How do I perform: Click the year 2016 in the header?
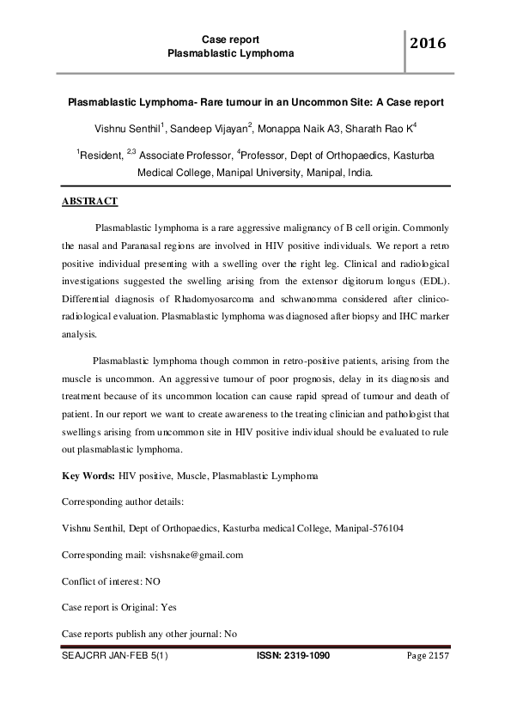pos(428,44)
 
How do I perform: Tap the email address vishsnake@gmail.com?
pos(196,555)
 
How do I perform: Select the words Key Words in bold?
pos(88,476)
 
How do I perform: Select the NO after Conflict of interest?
pos(153,581)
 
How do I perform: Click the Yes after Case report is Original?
pos(168,607)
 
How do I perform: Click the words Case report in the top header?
pos(231,39)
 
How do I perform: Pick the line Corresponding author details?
pos(123,501)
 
